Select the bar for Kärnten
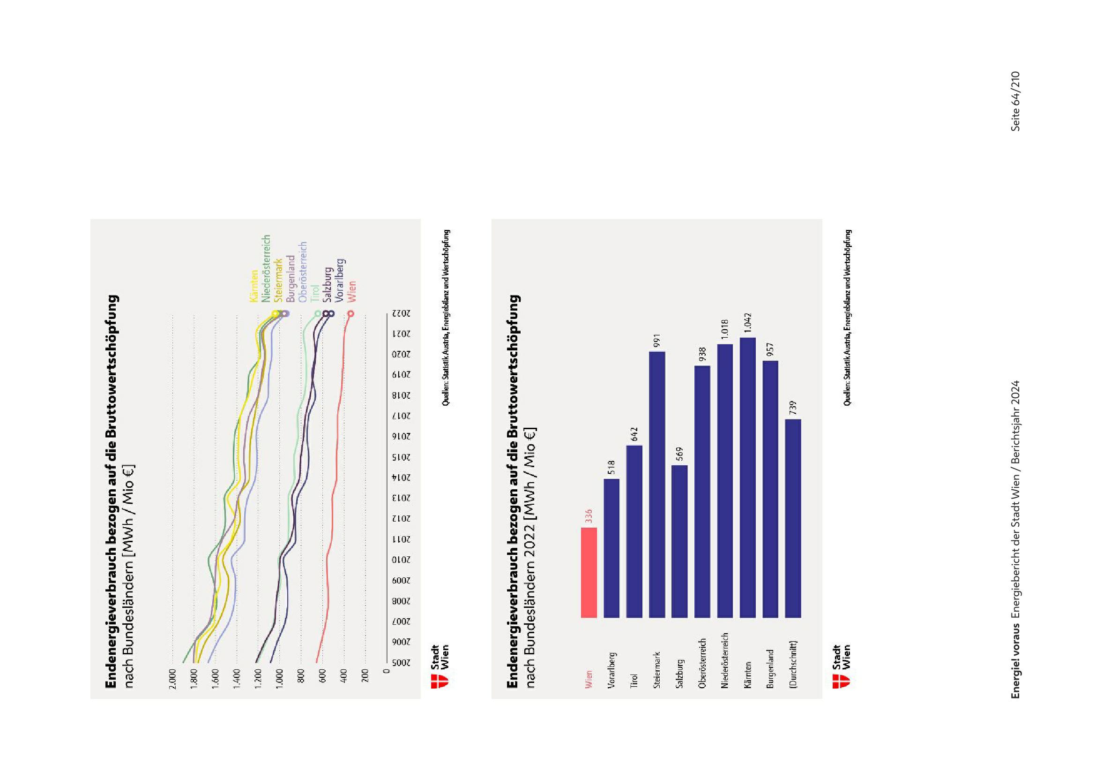(x=747, y=478)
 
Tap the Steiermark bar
(x=657, y=485)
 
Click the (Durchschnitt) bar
(x=793, y=518)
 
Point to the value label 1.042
(x=747, y=324)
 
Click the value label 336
(x=589, y=516)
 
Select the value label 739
(x=793, y=408)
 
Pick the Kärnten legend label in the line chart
(x=253, y=287)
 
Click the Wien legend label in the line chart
(x=352, y=291)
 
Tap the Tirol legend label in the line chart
(x=314, y=293)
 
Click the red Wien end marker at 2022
(x=351, y=314)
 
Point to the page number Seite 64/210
(x=1015, y=101)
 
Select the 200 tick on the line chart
(x=365, y=675)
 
